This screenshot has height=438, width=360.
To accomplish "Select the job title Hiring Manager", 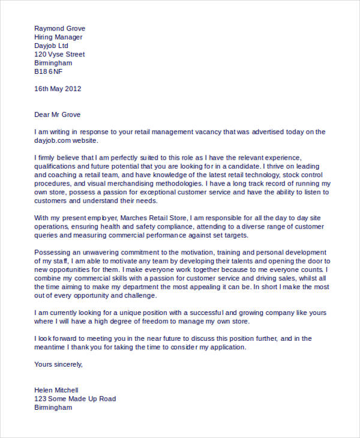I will (x=58, y=37).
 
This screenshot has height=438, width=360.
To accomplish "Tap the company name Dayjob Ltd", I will (x=52, y=46).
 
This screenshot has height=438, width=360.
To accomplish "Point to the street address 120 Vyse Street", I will (x=59, y=55).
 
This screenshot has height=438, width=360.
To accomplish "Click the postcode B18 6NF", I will (x=48, y=72).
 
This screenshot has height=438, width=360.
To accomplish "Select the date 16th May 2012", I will (x=58, y=89).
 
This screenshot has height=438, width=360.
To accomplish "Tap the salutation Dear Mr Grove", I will (x=58, y=115).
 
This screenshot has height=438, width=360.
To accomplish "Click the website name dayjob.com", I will (x=58, y=140).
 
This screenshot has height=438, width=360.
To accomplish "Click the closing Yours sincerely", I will (x=58, y=364).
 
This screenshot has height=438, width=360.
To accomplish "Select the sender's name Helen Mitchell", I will (x=56, y=390).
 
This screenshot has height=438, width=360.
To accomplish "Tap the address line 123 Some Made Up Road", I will (x=75, y=398).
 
